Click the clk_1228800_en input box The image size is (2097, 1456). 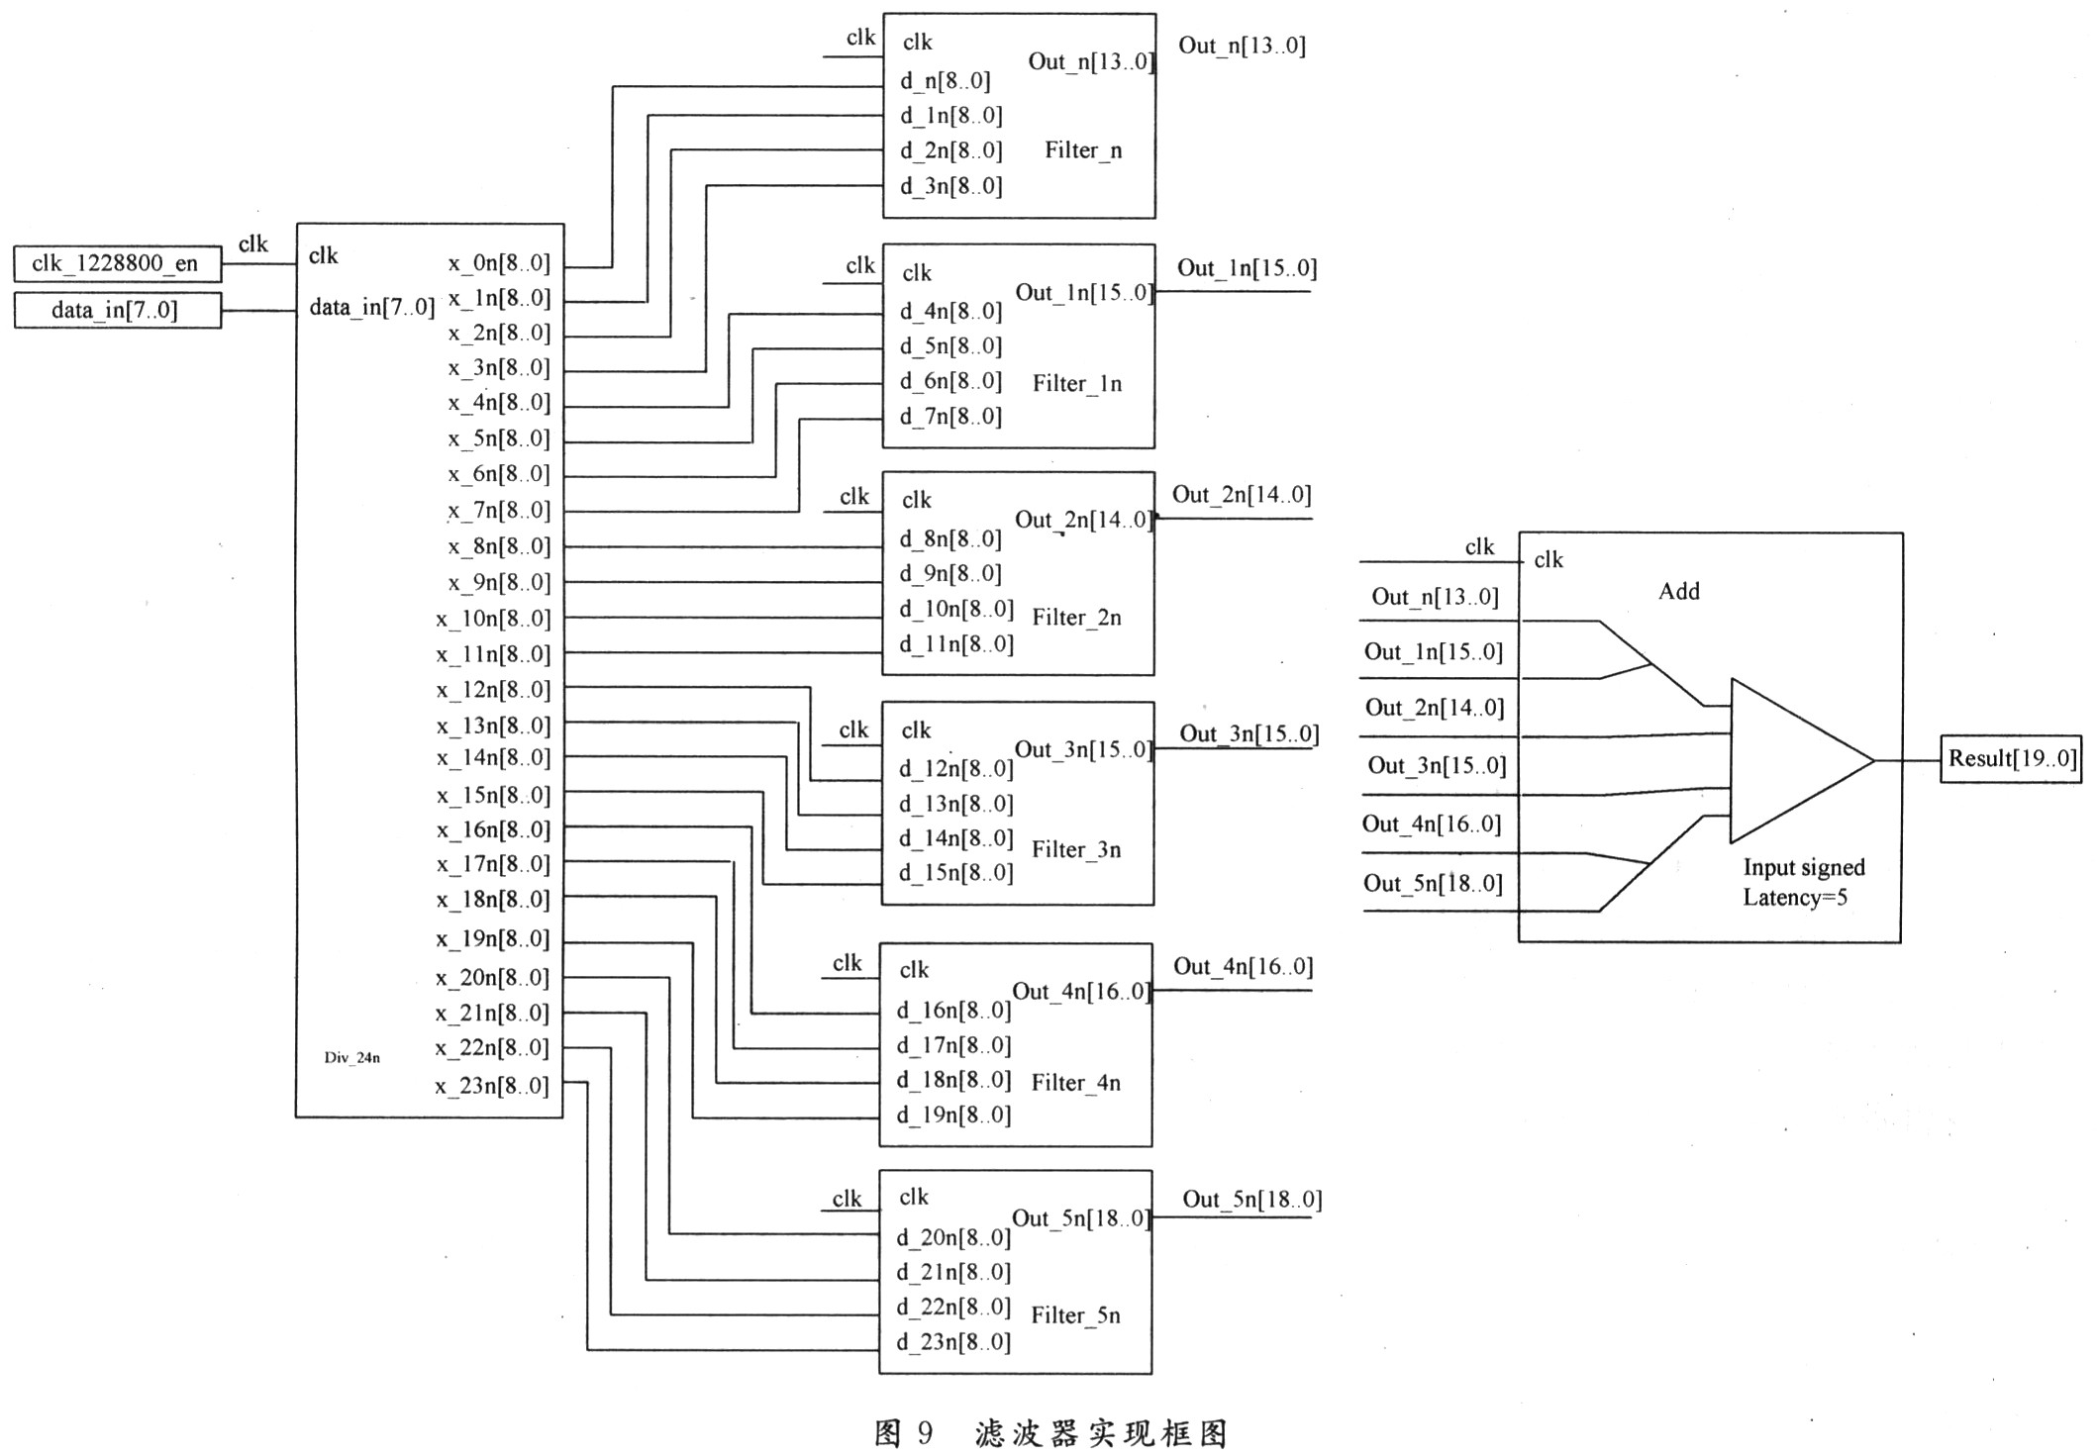point(117,264)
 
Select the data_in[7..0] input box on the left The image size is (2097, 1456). point(117,310)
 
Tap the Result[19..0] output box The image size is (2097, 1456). point(2011,759)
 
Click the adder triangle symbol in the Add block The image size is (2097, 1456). point(1792,760)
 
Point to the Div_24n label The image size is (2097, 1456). point(351,1057)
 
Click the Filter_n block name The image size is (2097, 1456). point(1083,150)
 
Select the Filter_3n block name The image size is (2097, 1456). point(1076,849)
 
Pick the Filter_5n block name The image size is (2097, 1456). point(1075,1315)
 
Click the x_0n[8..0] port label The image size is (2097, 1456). point(498,263)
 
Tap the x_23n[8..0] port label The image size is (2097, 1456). point(491,1086)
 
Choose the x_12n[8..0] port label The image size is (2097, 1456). point(492,690)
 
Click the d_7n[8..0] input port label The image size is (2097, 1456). point(950,417)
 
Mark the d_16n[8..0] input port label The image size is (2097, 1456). point(953,1011)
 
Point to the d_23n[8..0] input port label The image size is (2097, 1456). point(953,1342)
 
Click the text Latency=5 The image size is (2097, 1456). point(1794,898)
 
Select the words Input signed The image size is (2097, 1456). point(1803,868)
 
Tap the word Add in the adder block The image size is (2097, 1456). point(1678,592)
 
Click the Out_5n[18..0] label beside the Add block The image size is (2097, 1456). point(1432,883)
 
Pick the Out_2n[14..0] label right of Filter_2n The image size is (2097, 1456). point(1242,495)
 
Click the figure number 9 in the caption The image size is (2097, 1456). point(924,1432)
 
